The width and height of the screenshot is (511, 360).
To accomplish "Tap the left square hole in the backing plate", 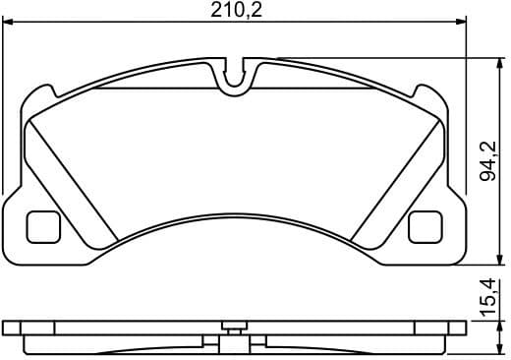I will pos(40,227).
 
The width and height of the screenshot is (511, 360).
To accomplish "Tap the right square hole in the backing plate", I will pos(424,227).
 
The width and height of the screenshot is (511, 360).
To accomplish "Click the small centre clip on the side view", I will pos(233,328).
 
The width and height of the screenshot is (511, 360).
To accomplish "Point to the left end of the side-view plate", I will pos(7,330).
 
